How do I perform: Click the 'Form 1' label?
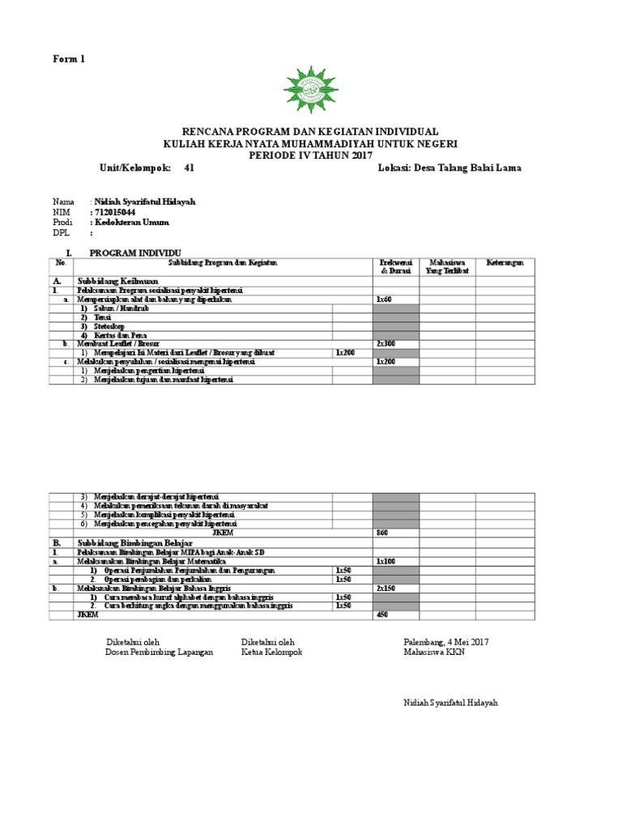69,59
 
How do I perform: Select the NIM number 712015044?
119,211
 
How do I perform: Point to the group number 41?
190,168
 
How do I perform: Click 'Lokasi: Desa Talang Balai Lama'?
449,168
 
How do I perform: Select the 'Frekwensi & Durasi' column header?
396,266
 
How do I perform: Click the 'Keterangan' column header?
505,262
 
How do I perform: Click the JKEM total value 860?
383,533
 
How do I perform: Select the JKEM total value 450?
383,614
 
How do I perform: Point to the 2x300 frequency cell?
386,343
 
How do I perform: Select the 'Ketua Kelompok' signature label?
271,653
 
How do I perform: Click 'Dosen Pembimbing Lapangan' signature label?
160,653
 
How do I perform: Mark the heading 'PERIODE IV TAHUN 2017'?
310,154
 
